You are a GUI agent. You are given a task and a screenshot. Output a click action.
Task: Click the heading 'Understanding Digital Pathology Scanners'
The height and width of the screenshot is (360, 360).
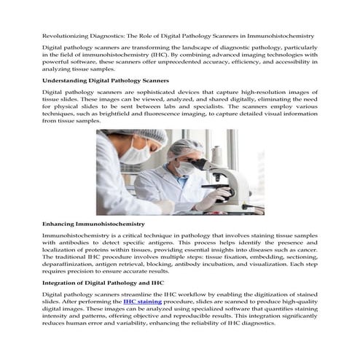(x=106, y=79)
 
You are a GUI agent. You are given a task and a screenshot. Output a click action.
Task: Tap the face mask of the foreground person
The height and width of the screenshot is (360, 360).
(x=134, y=154)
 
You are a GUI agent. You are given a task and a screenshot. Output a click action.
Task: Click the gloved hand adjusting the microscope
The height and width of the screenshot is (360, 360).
(x=211, y=200)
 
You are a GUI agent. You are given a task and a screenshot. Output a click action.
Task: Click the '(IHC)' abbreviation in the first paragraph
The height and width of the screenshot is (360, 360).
(x=186, y=54)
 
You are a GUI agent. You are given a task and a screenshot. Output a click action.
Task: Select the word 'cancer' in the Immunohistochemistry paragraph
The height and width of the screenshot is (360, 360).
(x=306, y=253)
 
